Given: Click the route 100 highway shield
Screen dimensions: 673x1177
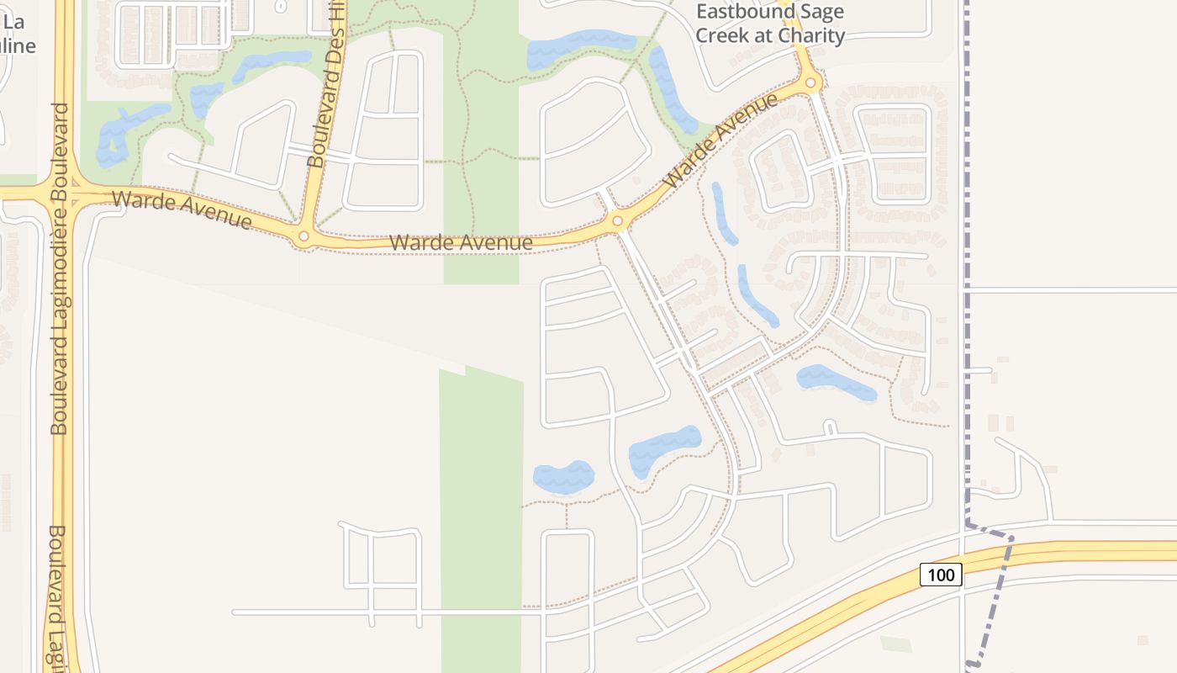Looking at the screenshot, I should pyautogui.click(x=941, y=575).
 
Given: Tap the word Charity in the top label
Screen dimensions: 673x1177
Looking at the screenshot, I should pyautogui.click(x=811, y=35).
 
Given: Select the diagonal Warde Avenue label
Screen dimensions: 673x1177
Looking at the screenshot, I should pyautogui.click(x=720, y=142).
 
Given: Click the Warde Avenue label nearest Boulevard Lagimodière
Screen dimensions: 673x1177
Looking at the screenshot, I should pyautogui.click(x=181, y=209).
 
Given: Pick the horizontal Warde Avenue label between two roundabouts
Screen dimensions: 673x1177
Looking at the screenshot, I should pyautogui.click(x=461, y=243).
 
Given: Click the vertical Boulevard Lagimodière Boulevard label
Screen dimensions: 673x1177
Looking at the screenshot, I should pyautogui.click(x=59, y=269).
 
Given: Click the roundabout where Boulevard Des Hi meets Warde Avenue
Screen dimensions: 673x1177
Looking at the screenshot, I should pyautogui.click(x=303, y=238).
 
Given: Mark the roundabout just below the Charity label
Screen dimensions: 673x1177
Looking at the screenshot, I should pyautogui.click(x=811, y=82).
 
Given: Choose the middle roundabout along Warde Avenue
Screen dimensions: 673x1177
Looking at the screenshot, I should pyautogui.click(x=618, y=221).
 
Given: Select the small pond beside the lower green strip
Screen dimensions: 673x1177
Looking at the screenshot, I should pyautogui.click(x=563, y=477).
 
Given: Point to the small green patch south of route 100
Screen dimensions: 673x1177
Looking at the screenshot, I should pyautogui.click(x=895, y=644).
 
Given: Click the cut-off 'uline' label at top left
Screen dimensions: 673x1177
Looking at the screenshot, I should pyautogui.click(x=17, y=45).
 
